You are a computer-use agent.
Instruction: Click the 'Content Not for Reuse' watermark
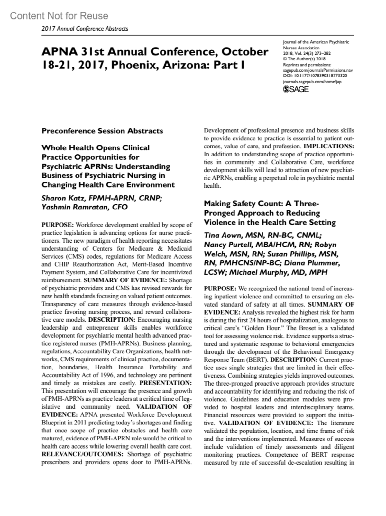coord(59,16)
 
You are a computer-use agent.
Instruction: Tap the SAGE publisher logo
coord(296,89)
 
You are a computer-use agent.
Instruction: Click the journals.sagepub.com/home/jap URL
coord(312,82)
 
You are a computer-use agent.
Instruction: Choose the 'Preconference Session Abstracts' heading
coord(102,131)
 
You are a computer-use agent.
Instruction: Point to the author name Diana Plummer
coord(314,263)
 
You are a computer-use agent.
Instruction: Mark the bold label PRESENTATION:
coord(166,383)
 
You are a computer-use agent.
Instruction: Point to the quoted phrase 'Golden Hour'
coord(262,328)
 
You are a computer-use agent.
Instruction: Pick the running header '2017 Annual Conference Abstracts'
coord(85,29)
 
